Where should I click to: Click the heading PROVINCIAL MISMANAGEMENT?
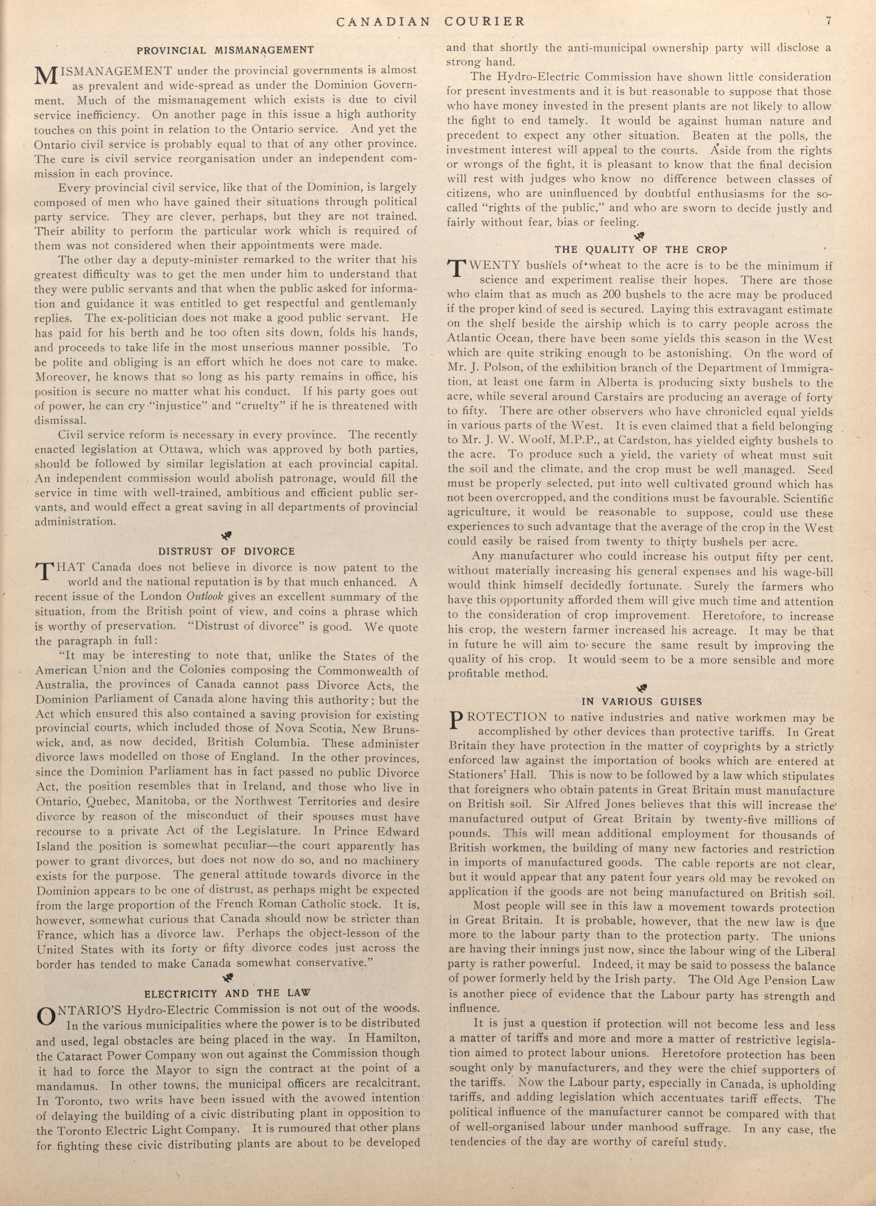(225, 51)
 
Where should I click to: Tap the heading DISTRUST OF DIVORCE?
(227, 551)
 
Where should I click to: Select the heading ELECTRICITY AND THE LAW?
(228, 993)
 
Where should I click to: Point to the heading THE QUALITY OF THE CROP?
(641, 250)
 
